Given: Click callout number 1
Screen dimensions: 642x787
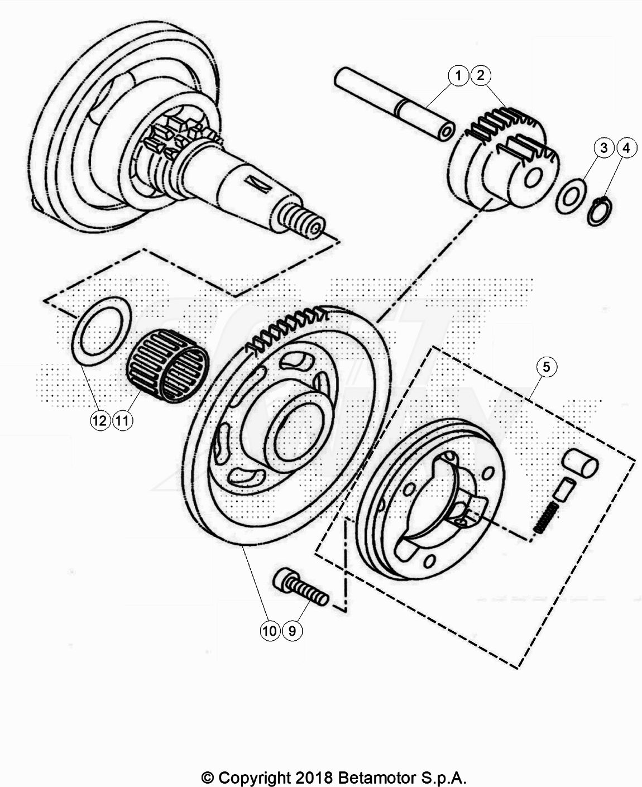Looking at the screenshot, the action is [458, 76].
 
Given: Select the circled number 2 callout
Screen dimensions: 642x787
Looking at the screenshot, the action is [480, 75].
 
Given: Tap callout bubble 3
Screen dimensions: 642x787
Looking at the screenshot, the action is [604, 148].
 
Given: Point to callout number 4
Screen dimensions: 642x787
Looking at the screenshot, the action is [626, 148].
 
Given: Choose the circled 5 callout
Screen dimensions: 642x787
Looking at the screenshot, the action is [546, 367].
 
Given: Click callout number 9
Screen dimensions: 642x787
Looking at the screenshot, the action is [293, 631].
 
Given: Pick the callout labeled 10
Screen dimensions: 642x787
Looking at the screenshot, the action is [270, 631].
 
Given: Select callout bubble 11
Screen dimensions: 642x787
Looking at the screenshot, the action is [122, 421].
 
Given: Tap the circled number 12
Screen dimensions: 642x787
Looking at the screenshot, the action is [100, 421].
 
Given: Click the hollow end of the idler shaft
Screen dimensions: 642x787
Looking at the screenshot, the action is [445, 133].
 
